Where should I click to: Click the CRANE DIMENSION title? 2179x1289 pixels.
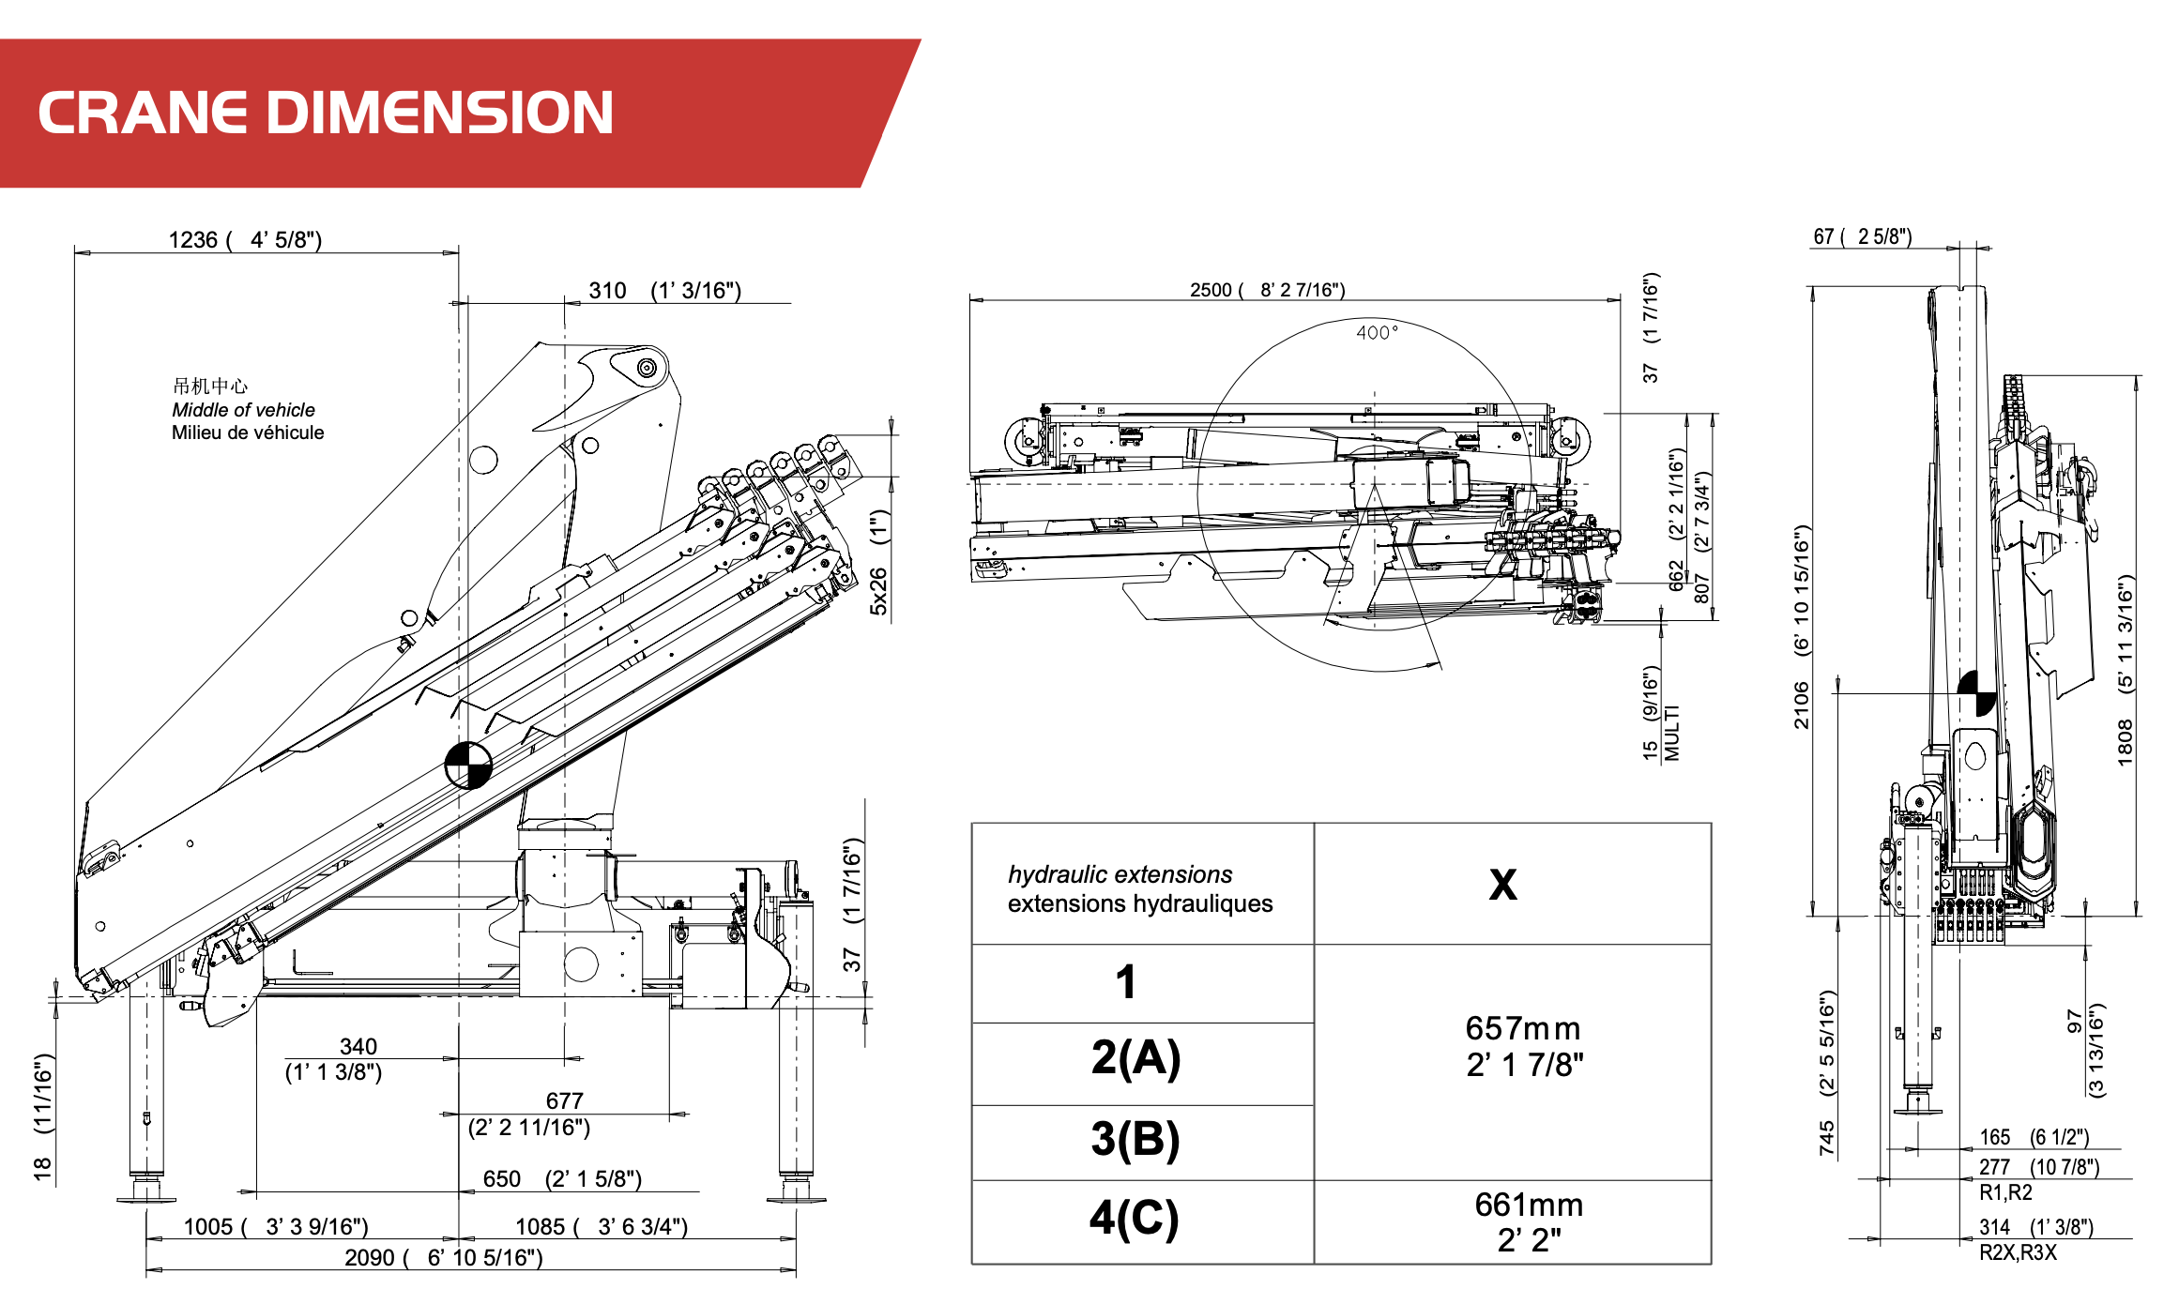(x=325, y=113)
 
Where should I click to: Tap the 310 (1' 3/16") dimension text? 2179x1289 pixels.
(x=664, y=290)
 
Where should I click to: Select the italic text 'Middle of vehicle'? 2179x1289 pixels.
(x=243, y=410)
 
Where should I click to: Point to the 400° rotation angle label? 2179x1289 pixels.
(x=1377, y=332)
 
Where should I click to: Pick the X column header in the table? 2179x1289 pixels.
(x=1502, y=884)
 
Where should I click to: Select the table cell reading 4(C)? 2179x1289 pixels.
(x=1134, y=1218)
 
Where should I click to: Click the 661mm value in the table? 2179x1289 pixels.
(x=1529, y=1205)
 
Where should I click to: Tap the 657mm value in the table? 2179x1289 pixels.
(x=1523, y=1028)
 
